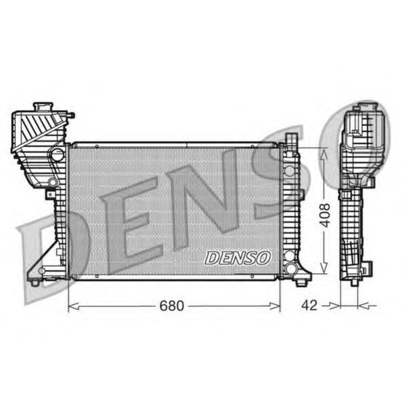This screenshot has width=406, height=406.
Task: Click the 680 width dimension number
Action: pos(172,306)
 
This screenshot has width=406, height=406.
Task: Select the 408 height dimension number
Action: pos(325,215)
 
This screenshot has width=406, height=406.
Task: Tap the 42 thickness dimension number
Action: pos(309,306)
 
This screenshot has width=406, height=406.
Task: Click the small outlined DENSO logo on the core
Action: pos(238,258)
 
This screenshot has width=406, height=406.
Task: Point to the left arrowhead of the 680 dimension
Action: pos(73,307)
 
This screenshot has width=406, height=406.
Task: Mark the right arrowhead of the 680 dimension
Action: pos(275,307)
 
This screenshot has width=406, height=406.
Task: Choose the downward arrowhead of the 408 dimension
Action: pos(324,268)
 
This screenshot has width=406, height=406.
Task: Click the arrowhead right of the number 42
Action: pos(335,306)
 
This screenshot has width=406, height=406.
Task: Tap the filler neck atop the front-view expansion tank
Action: pos(43,107)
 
